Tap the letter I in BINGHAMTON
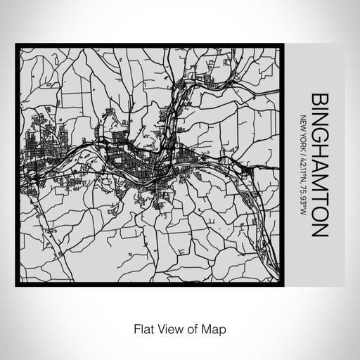pos(317,109)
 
